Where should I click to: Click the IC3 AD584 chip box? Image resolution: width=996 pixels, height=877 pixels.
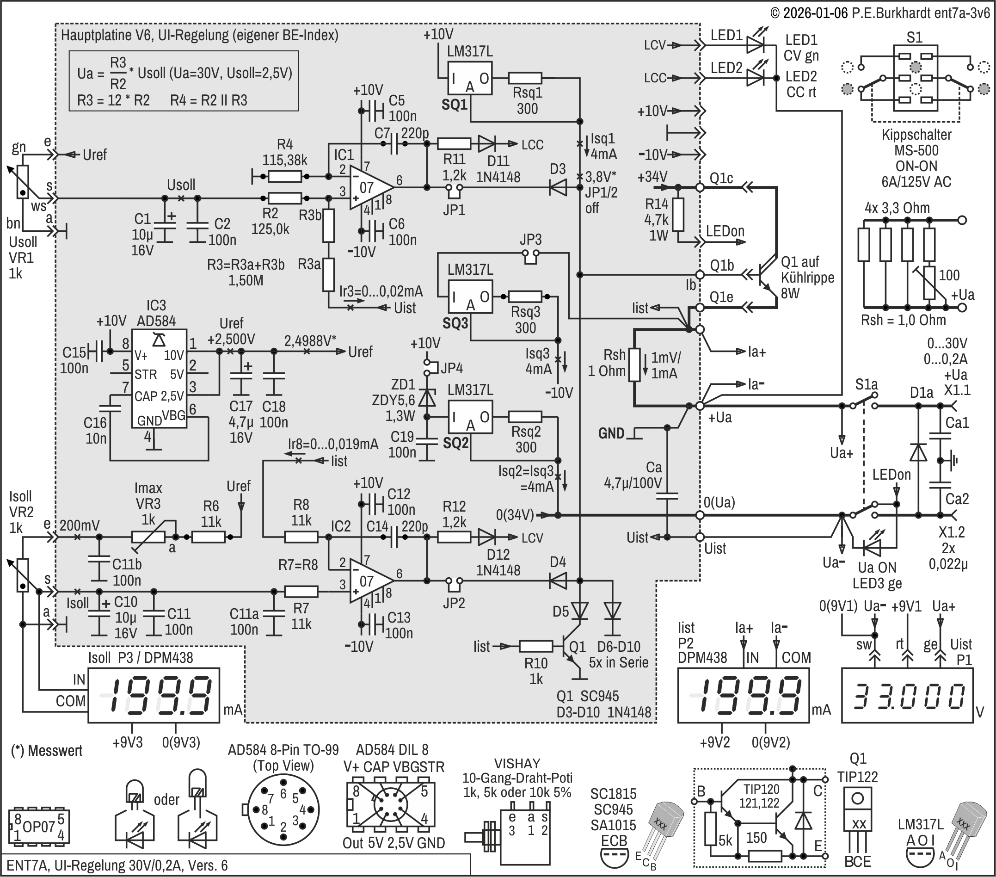[159, 379]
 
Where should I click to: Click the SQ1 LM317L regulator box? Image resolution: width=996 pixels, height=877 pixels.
[470, 78]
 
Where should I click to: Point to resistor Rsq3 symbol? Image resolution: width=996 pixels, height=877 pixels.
[525, 296]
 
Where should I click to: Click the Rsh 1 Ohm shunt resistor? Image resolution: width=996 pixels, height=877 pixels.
[634, 364]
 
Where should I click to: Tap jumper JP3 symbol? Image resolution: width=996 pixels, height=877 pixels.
[531, 254]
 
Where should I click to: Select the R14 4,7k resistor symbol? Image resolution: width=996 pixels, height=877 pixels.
[678, 215]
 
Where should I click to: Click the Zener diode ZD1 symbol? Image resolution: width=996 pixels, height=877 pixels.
[427, 398]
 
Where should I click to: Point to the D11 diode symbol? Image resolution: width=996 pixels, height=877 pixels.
[486, 144]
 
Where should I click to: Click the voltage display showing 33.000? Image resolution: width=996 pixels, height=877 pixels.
[907, 696]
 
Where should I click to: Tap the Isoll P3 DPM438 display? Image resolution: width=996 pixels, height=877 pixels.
[154, 695]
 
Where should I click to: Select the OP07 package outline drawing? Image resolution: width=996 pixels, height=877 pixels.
[39, 827]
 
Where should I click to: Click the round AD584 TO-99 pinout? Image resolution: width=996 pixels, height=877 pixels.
[283, 810]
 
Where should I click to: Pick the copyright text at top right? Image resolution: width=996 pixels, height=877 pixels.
[879, 12]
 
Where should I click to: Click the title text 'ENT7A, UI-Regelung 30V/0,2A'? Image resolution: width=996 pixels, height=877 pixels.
[117, 865]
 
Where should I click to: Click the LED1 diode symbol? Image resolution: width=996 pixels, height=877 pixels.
[755, 45]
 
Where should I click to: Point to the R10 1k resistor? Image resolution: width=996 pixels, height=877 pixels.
[535, 646]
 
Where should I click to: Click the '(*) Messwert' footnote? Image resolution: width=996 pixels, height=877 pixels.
[47, 750]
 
